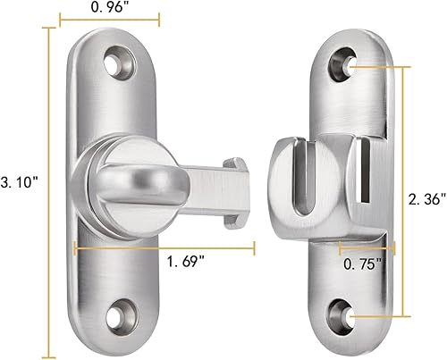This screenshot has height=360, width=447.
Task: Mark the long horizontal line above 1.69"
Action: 165,247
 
